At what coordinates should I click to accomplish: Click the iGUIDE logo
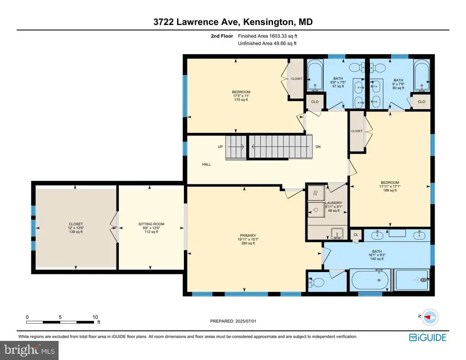[428, 337]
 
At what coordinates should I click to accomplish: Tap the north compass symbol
[430, 317]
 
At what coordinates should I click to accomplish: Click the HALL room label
[207, 164]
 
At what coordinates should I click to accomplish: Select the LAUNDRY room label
[334, 203]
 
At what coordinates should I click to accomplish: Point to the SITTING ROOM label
[151, 224]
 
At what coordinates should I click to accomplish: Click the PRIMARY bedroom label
[248, 235]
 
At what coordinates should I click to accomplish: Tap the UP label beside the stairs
[220, 147]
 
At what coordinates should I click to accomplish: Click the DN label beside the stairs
[318, 147]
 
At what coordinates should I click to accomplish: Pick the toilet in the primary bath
[316, 282]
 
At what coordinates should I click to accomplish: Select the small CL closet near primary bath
[356, 235]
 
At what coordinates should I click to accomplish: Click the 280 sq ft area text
[248, 243]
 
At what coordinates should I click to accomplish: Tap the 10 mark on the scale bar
[95, 317]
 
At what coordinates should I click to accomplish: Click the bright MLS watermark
[30, 350]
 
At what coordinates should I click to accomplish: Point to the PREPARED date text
[233, 321]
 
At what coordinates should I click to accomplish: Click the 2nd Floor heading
[222, 36]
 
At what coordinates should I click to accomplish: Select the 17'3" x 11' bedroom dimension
[241, 96]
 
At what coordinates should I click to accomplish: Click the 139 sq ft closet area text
[76, 232]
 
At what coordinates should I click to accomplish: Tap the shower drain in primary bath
[424, 280]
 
